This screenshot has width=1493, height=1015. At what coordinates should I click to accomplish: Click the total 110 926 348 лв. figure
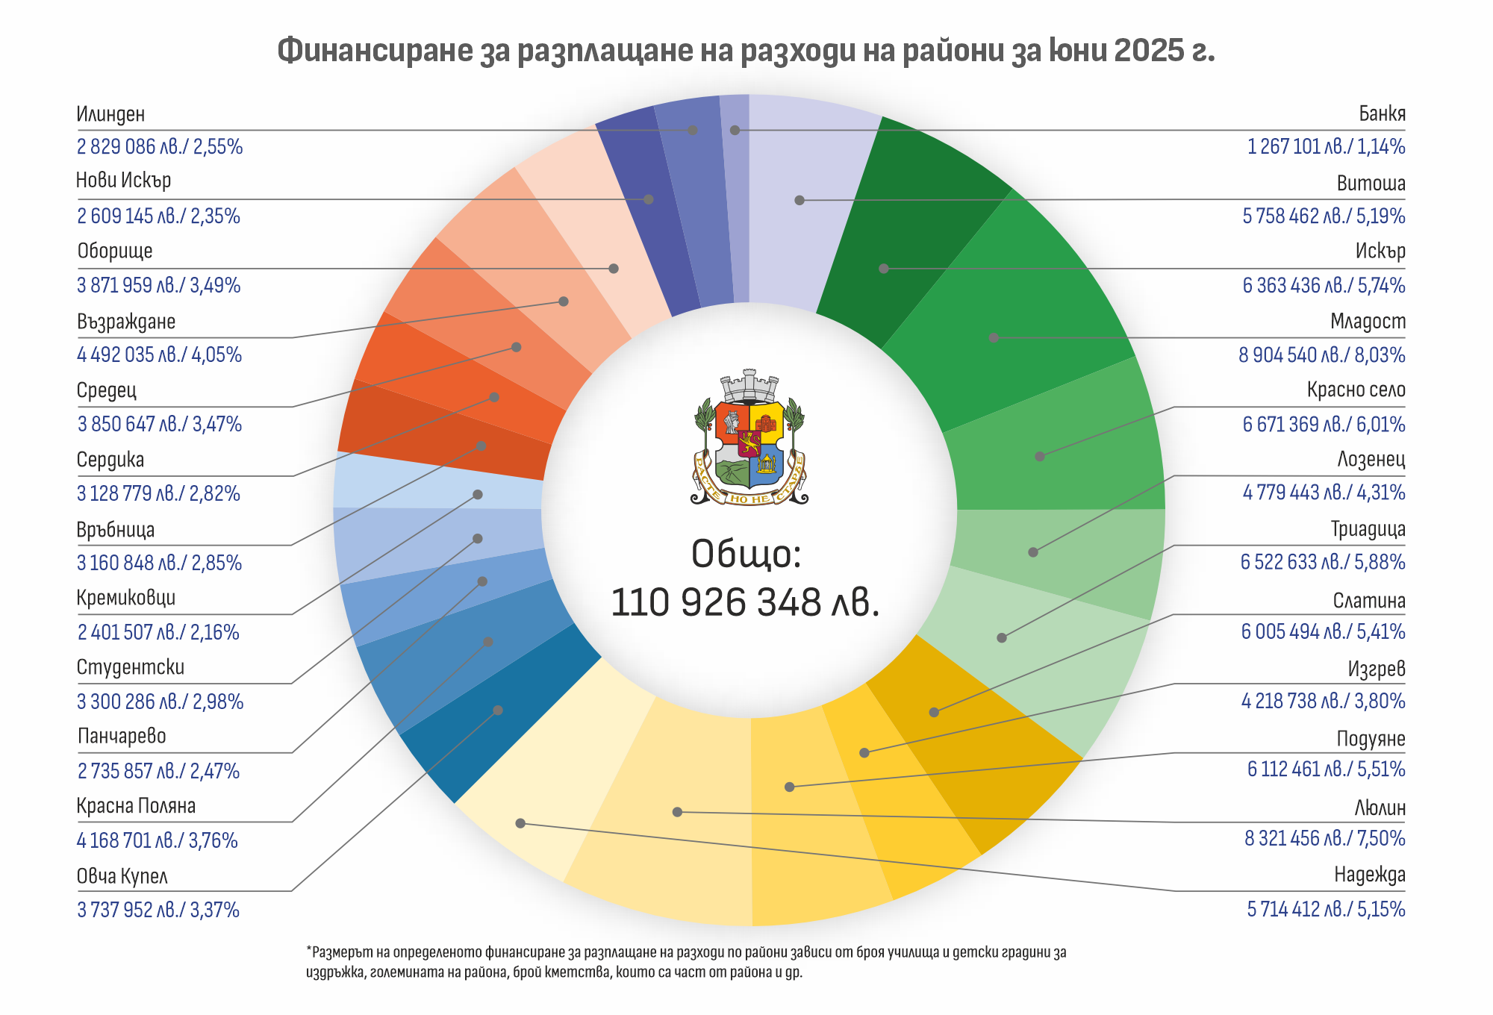[x=745, y=602]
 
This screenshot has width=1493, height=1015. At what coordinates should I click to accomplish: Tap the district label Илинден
[x=110, y=114]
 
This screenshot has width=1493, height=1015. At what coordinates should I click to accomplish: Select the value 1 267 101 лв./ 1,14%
[x=1326, y=146]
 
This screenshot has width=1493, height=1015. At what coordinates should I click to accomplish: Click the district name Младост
[x=1368, y=322]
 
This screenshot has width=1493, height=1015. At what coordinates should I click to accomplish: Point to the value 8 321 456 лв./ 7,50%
[x=1324, y=838]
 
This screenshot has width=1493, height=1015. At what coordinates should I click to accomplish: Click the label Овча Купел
[x=122, y=876]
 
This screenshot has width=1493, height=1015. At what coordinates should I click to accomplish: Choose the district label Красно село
[x=1356, y=390]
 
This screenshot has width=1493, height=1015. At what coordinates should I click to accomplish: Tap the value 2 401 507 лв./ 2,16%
[x=158, y=632]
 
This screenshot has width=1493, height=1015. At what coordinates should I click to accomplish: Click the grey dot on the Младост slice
[x=994, y=337]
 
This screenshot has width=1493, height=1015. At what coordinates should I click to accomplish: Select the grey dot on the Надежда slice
[x=520, y=823]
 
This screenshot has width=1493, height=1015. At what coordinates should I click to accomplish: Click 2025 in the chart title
[x=1148, y=51]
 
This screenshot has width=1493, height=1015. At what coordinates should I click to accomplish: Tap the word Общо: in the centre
[x=746, y=554]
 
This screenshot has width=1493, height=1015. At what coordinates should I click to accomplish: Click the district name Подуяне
[x=1371, y=739]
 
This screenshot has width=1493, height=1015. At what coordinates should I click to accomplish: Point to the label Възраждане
[x=126, y=322]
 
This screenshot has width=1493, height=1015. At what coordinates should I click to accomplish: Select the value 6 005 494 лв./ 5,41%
[x=1323, y=631]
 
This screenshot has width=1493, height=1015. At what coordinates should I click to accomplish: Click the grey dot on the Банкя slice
[x=735, y=130]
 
